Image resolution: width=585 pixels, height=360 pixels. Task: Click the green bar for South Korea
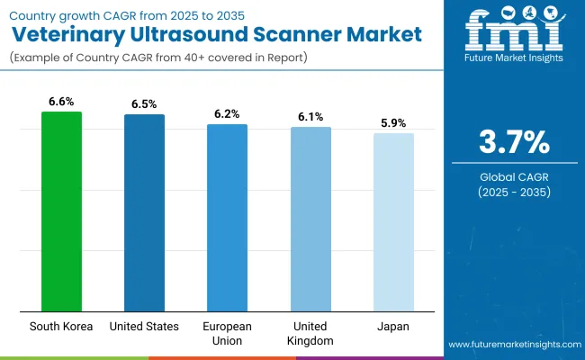[x=61, y=211]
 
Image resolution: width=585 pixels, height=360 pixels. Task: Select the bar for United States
[x=144, y=212]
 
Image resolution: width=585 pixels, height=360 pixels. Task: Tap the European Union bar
[x=227, y=218]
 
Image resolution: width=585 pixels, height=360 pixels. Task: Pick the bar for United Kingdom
[x=310, y=219]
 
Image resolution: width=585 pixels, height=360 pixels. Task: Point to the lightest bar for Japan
[x=393, y=222]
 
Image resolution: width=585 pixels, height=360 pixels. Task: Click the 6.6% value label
[x=61, y=101]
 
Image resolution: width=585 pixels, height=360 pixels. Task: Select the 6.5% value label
[x=144, y=103]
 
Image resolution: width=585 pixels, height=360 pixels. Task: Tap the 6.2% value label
[x=227, y=113]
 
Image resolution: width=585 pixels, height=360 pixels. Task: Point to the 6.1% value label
[x=310, y=116]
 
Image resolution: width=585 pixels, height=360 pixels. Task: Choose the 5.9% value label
[x=393, y=122]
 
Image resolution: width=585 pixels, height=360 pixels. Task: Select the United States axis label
[x=144, y=326]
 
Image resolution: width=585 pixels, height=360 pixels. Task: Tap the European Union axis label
[x=227, y=332]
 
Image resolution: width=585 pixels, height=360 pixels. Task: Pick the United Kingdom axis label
[x=310, y=332]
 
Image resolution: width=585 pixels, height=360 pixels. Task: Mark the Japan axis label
[x=393, y=326]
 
